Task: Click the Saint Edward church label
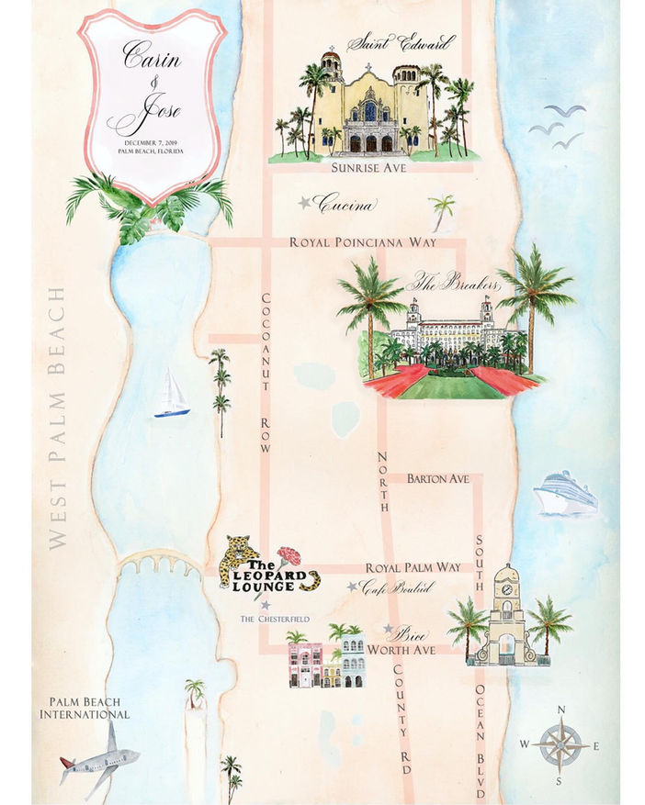point(402,42)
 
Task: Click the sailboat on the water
point(171,396)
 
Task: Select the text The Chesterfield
point(272,620)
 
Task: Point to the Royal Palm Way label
point(413,568)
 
